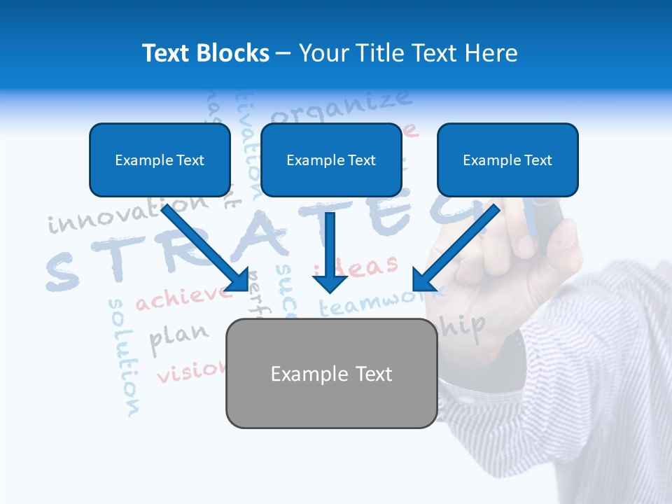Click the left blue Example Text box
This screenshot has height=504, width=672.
click(160, 160)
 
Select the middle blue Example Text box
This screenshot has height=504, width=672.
click(331, 160)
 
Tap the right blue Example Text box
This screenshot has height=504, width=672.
click(507, 160)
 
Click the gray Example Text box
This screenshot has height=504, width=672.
click(331, 374)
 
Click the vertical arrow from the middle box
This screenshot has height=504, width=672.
click(330, 252)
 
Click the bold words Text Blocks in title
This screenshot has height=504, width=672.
click(205, 53)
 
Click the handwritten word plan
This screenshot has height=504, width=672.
click(178, 336)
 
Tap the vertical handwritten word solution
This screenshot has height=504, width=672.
click(124, 357)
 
